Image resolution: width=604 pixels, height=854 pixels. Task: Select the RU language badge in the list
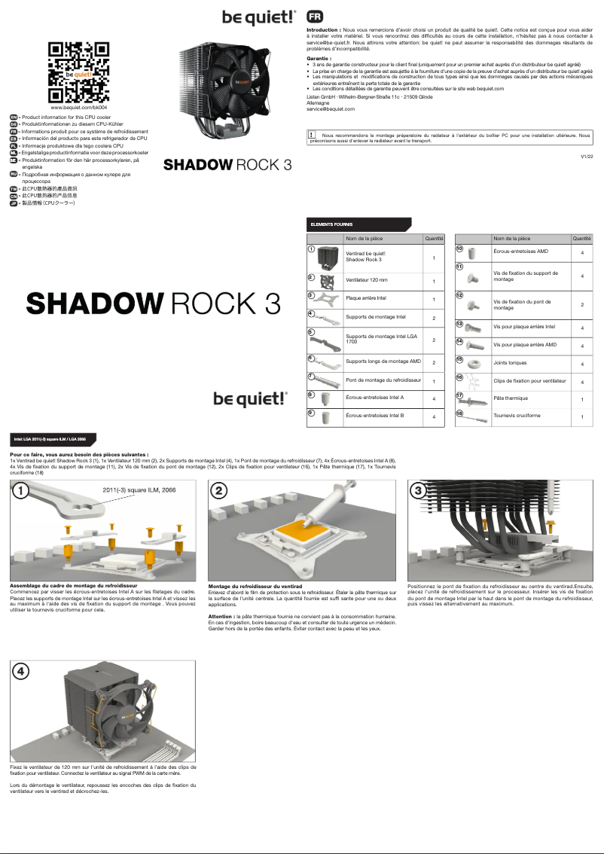14,174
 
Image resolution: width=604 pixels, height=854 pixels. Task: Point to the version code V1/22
587,156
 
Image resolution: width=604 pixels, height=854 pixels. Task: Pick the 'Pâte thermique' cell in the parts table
511,398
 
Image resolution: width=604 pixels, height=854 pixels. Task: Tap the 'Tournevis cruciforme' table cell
517,416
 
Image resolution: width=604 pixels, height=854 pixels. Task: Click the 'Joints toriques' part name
511,362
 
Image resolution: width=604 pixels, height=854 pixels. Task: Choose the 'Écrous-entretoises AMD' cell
520,251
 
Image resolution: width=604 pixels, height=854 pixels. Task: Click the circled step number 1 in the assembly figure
22,491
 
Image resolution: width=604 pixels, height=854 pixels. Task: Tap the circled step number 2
219,491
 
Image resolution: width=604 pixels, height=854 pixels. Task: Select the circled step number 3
418,491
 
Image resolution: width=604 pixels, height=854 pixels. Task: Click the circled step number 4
22,671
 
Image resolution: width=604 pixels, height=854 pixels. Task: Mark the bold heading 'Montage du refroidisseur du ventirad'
255,585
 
